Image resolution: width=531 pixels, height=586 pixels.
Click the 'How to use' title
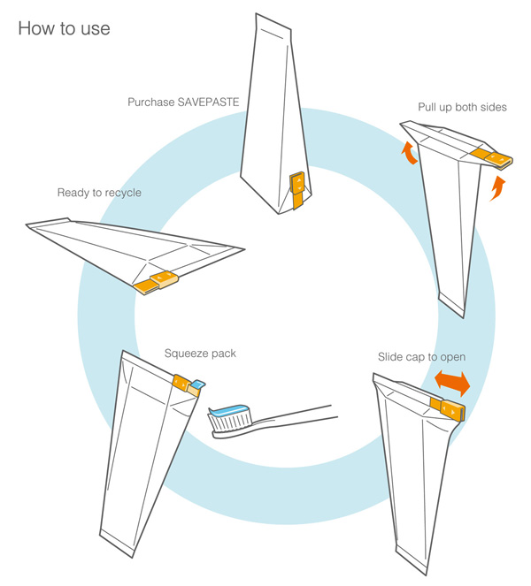[x=64, y=28]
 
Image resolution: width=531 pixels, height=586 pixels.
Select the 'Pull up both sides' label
[x=462, y=108]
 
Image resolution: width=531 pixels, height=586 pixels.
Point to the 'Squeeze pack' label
[x=200, y=354]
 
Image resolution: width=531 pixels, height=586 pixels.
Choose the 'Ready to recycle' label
[x=99, y=193]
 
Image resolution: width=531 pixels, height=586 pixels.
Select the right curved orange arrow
[x=497, y=186]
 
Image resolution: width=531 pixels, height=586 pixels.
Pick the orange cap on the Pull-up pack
[x=490, y=157]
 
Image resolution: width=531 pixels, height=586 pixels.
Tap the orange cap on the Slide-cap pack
[x=446, y=407]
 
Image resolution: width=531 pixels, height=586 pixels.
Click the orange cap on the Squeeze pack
[x=183, y=383]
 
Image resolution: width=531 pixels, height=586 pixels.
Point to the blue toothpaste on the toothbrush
[x=233, y=410]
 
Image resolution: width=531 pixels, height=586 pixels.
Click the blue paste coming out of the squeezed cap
[x=197, y=384]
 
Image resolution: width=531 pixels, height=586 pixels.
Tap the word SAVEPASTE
[x=212, y=102]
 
